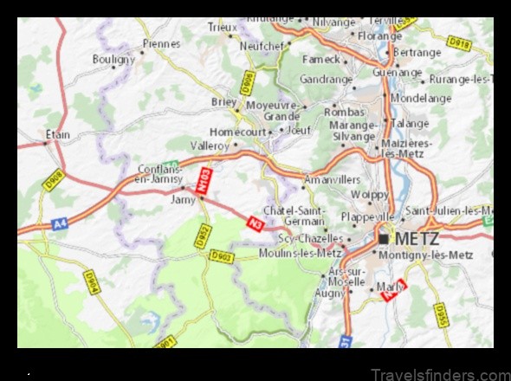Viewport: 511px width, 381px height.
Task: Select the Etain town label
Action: pyautogui.click(x=58, y=134)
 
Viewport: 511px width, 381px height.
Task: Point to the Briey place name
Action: pyautogui.click(x=224, y=100)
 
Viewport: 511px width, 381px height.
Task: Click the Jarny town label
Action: pyautogui.click(x=184, y=198)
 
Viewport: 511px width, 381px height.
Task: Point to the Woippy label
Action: pyautogui.click(x=371, y=196)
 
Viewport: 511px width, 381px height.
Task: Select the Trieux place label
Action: pyautogui.click(x=222, y=28)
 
